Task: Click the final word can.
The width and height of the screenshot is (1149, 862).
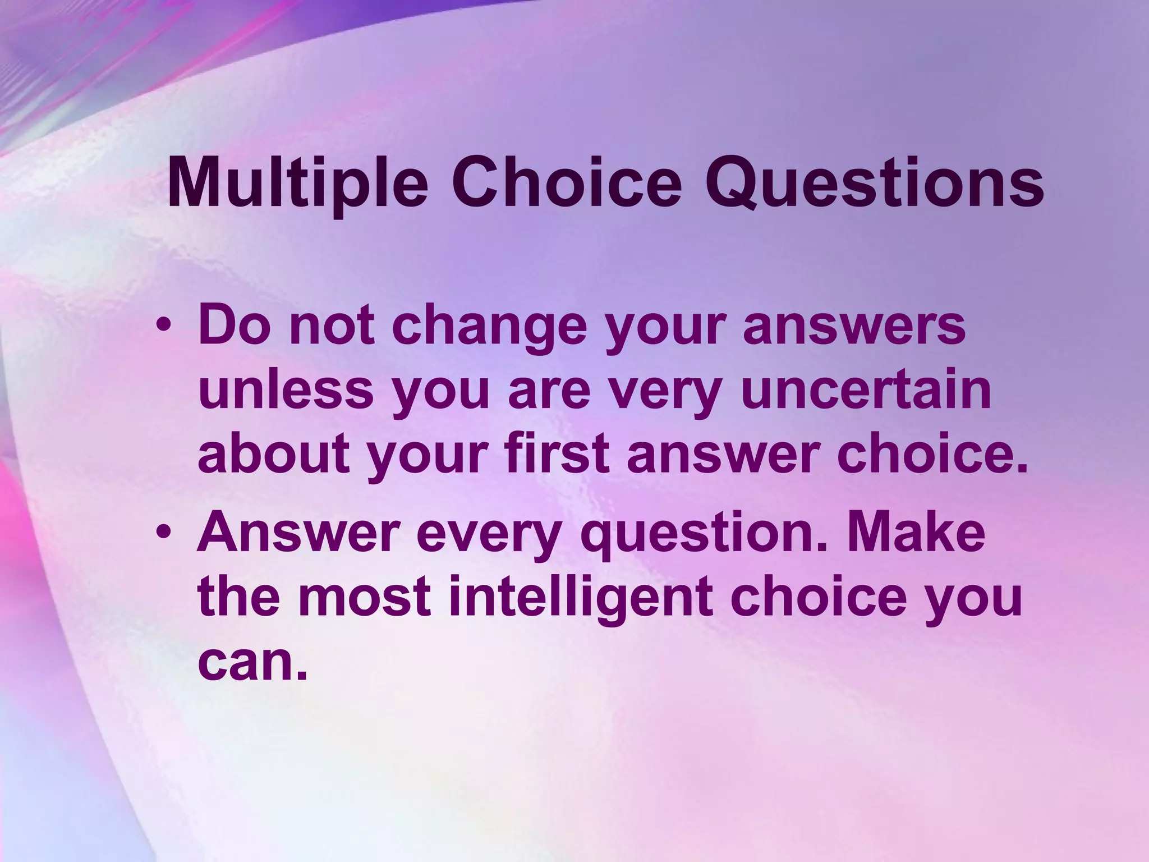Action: click(x=252, y=662)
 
